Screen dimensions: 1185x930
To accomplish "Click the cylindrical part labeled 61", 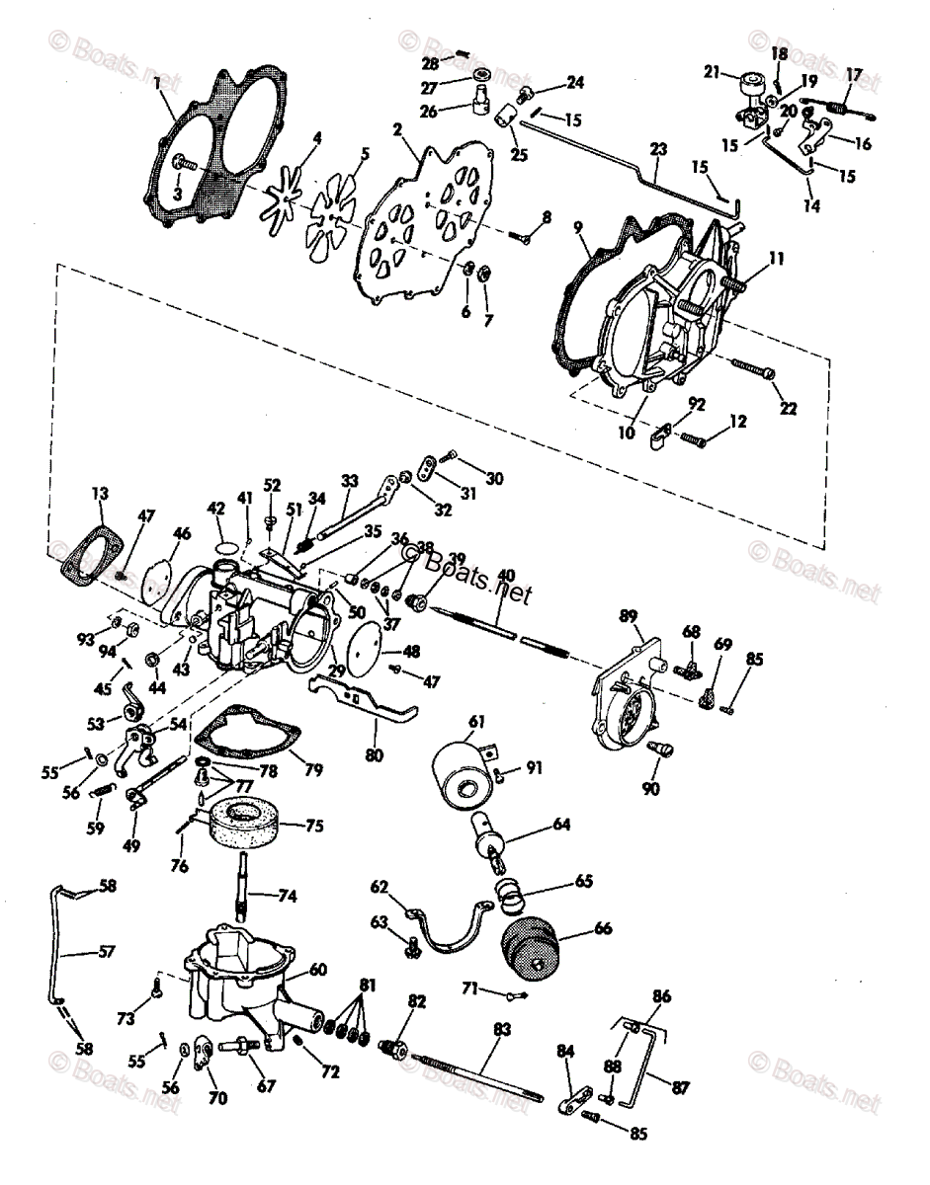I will point(461,777).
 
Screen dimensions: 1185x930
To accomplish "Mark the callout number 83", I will point(503,1029).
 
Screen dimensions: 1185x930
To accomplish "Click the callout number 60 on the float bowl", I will point(318,970).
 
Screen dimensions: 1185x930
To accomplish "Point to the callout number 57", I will point(107,952).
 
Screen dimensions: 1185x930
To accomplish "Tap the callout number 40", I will point(506,576).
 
